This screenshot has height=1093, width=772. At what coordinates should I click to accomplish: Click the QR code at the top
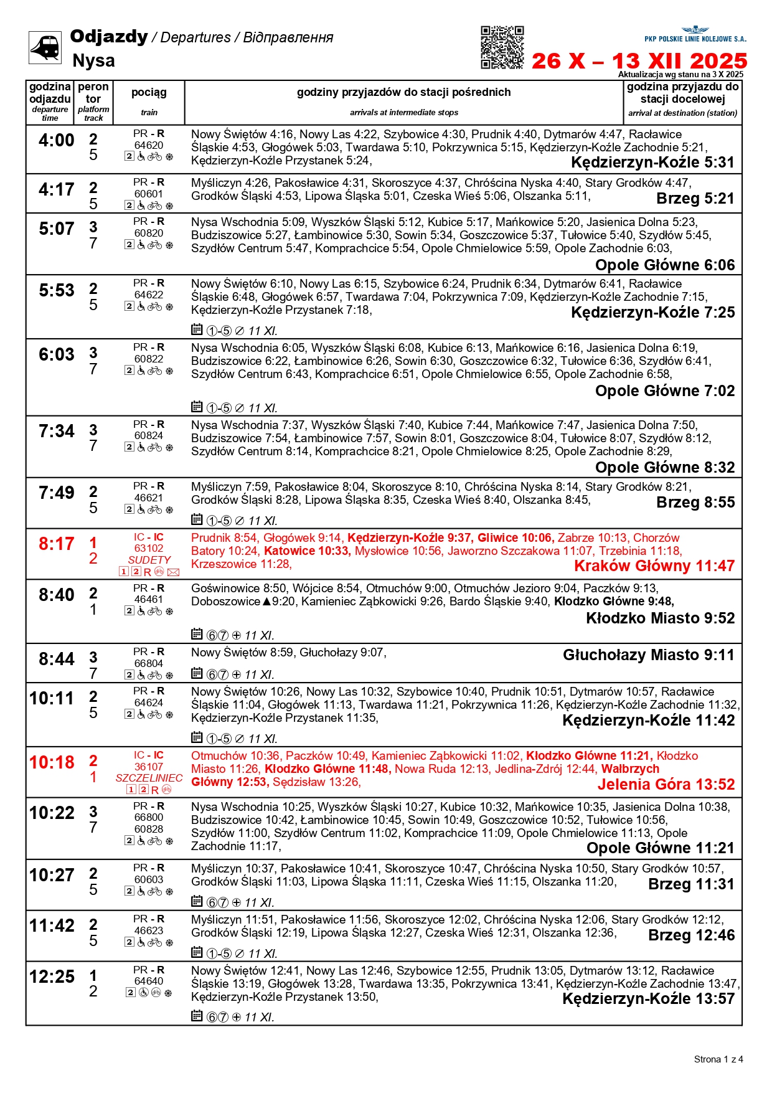[x=502, y=47]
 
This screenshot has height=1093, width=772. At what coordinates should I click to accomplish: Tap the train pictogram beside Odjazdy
[x=45, y=47]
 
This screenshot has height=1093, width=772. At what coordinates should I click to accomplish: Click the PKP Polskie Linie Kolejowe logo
[x=695, y=34]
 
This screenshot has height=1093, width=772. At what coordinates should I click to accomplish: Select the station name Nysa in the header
[x=93, y=60]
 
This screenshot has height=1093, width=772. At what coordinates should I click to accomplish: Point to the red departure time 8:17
[x=56, y=544]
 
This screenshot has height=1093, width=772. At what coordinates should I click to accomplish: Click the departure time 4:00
[x=56, y=140]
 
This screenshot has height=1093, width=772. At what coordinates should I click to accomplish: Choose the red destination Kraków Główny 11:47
[x=654, y=565]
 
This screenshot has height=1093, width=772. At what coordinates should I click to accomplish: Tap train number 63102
[x=149, y=548]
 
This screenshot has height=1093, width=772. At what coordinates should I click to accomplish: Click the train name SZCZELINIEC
[x=149, y=778]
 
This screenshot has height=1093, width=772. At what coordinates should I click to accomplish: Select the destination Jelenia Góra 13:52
[x=666, y=784]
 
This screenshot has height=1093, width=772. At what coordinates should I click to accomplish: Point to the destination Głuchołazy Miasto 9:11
[x=648, y=655]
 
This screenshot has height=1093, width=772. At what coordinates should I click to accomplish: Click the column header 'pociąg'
[x=149, y=92]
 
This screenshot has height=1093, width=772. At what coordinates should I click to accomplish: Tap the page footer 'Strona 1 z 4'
[x=718, y=1059]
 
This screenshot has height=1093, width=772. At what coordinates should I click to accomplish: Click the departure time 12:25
[x=52, y=977]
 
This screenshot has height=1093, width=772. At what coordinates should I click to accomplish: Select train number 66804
[x=149, y=663]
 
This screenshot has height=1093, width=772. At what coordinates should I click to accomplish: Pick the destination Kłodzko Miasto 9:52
[x=660, y=618]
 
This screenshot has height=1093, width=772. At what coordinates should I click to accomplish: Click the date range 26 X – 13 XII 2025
[x=639, y=60]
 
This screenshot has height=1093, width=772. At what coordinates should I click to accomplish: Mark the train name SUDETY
[x=149, y=560]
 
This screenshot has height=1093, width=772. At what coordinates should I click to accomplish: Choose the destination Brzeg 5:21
[x=695, y=199]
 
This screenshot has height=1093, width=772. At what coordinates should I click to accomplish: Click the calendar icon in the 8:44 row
[x=197, y=673]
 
